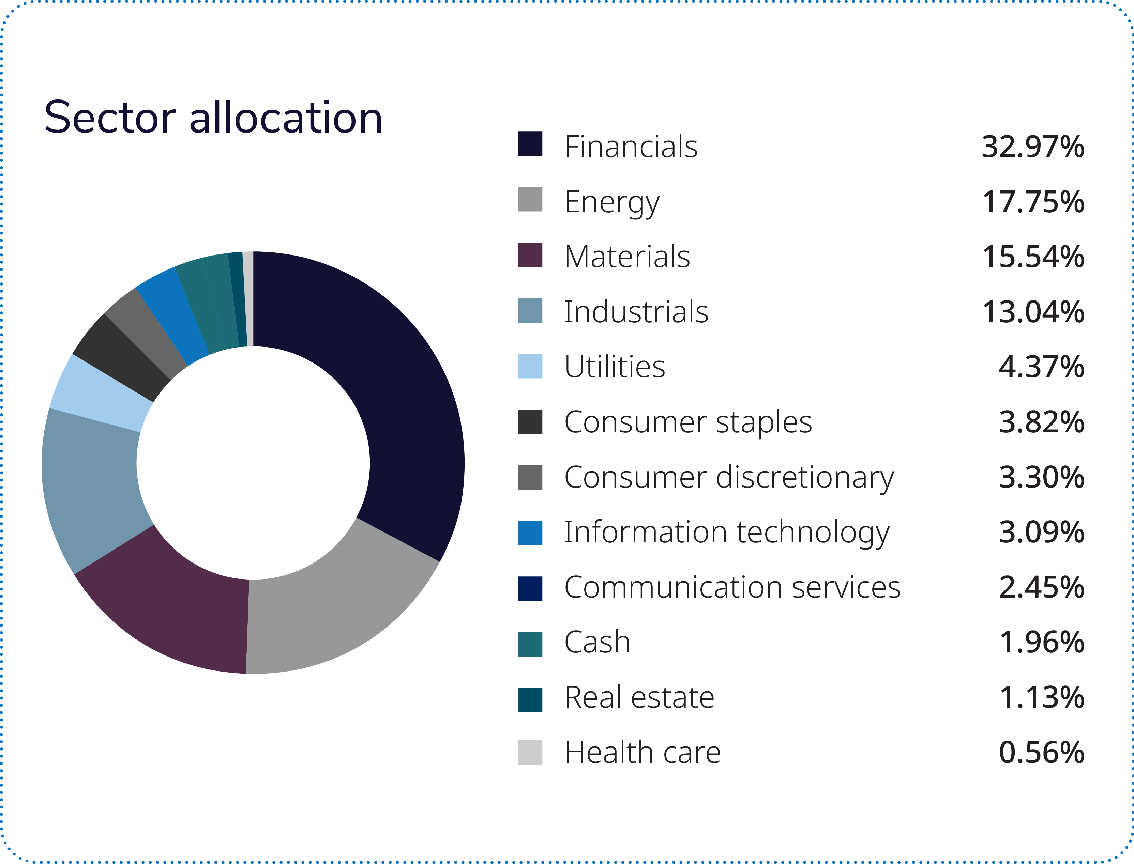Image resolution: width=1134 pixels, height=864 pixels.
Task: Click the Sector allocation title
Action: tap(213, 118)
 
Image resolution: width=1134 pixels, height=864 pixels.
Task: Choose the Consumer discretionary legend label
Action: tap(728, 477)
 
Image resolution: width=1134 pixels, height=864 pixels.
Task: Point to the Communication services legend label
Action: tap(732, 587)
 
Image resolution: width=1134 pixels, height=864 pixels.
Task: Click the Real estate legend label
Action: tap(639, 697)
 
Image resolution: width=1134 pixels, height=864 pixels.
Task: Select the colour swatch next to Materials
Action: tap(529, 254)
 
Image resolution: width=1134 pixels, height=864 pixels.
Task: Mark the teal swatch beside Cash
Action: tap(529, 644)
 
